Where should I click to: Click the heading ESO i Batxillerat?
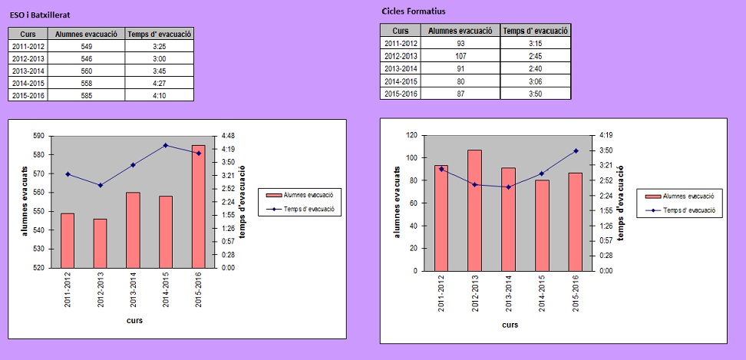pos(42,15)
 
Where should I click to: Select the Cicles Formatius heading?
pos(414,12)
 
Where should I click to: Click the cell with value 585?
pos(86,95)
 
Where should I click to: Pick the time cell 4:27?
pos(160,83)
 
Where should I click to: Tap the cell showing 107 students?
pos(460,56)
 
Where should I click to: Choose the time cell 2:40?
pos(536,68)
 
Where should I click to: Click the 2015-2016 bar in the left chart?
pos(198,206)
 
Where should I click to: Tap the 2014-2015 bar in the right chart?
pos(542,225)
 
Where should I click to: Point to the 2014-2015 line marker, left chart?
pos(165,145)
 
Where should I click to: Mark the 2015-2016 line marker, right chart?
pos(576,150)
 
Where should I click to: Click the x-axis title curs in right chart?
pos(509,325)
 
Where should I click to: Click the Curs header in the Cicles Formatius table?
pos(401,31)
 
